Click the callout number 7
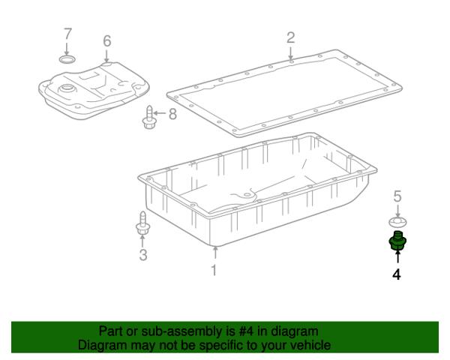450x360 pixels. pyautogui.click(x=67, y=34)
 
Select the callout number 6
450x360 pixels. pyautogui.click(x=107, y=41)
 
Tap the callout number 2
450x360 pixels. pyautogui.click(x=291, y=38)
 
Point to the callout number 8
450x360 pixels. pyautogui.click(x=172, y=114)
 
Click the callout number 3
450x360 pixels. pyautogui.click(x=143, y=255)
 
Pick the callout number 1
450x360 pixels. pyautogui.click(x=214, y=270)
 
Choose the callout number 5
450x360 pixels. pyautogui.click(x=397, y=196)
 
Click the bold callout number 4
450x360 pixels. pyautogui.click(x=397, y=274)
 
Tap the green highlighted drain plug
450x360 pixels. pyautogui.click(x=397, y=241)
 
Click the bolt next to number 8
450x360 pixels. pyautogui.click(x=149, y=118)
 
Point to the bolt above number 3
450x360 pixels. pyautogui.click(x=142, y=223)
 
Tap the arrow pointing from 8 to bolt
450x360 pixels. pyautogui.click(x=160, y=112)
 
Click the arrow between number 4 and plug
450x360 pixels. pyautogui.click(x=397, y=256)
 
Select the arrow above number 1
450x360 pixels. pyautogui.click(x=215, y=253)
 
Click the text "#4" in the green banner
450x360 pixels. pyautogui.click(x=246, y=331)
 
